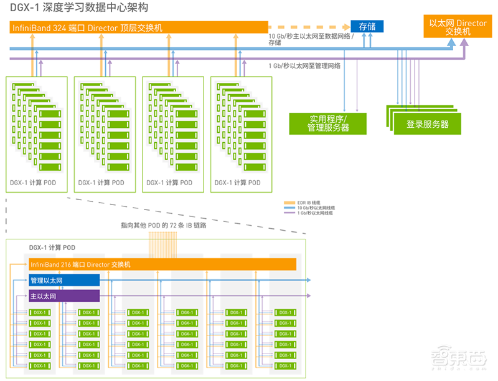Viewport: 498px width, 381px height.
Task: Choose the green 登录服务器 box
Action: point(427,124)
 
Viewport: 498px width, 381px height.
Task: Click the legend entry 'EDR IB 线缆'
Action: point(309,202)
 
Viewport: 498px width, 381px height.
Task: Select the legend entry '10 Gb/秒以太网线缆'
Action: point(314,208)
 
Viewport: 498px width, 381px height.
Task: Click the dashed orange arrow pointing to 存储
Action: point(308,27)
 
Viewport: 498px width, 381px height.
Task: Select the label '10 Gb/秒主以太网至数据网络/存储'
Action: point(307,39)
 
